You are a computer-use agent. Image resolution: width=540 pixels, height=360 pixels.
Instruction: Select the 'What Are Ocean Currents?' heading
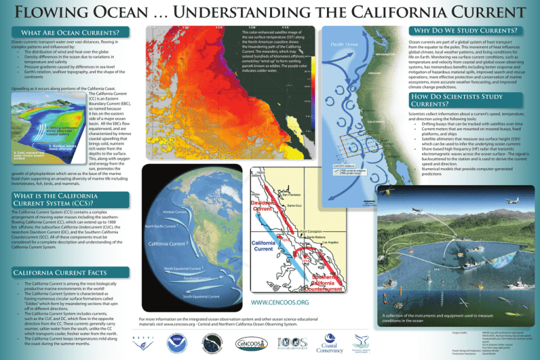pyautogui.click(x=70, y=32)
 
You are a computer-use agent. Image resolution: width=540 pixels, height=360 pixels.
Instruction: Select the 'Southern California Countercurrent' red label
pyautogui.click(x=304, y=282)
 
